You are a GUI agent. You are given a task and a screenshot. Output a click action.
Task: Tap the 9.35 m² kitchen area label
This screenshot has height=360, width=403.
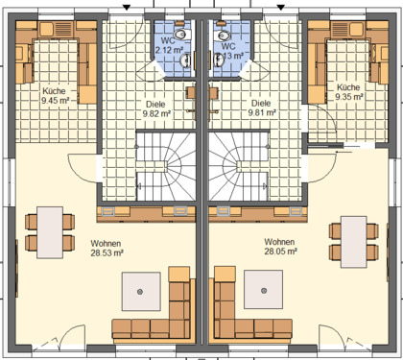click(x=349, y=97)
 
